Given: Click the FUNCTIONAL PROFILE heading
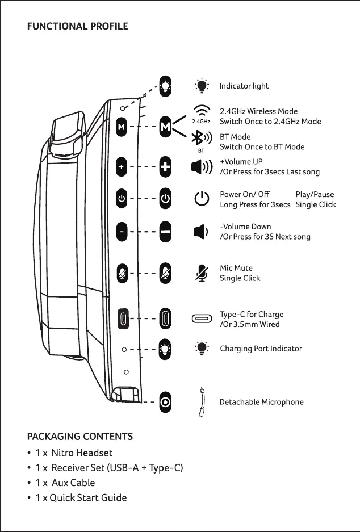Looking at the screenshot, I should pos(78,26).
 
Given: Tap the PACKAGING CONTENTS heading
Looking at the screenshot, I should pos(80,436).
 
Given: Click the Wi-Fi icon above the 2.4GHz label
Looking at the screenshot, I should pos(201,111).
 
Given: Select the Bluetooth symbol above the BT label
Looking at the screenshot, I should pos(200,139).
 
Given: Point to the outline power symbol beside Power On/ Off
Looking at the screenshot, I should pos(202,199).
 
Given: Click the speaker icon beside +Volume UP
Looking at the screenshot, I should pos(202,167).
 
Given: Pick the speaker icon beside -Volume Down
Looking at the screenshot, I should pos(200,232).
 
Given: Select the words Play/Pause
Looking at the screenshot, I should pos(315,194).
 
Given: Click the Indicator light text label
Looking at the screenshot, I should pos(244,86).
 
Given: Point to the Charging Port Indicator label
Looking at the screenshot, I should pos(261,349).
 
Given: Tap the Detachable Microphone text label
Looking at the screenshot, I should pos(261,402).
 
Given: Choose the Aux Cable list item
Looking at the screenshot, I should pos(73,483).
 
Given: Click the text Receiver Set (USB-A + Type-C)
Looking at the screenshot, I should pos(117,468).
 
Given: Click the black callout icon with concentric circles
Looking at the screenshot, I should pos(165,401).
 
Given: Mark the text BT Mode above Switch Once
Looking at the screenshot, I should pos(235,137).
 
